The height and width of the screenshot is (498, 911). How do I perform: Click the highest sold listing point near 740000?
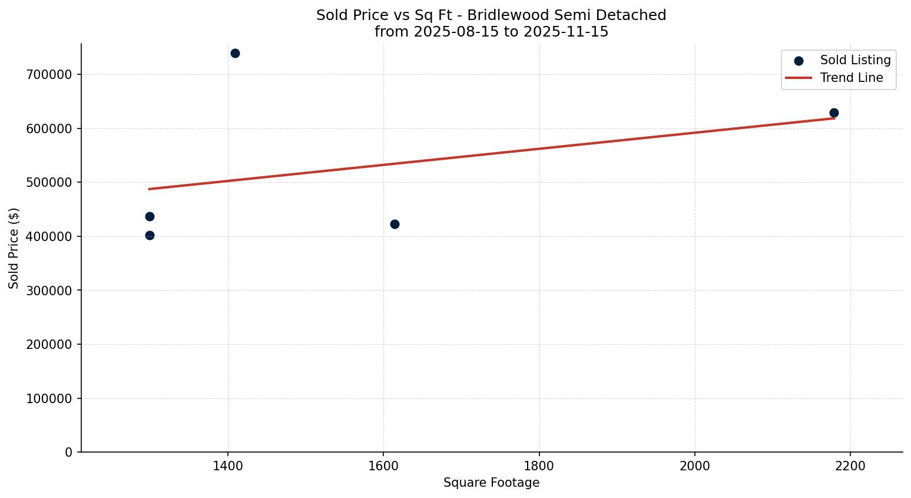[235, 53]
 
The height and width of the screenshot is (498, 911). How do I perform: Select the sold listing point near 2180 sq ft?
[834, 113]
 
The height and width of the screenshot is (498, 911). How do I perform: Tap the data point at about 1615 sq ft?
[395, 224]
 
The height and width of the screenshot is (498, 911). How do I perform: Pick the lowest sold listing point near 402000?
[150, 235]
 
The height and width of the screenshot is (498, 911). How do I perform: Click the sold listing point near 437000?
[150, 216]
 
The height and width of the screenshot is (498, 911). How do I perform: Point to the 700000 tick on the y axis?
[49, 75]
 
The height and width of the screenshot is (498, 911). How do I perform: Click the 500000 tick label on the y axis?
[49, 183]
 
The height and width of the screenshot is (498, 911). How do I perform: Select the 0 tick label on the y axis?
[69, 453]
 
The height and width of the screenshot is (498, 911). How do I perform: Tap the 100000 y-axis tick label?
[49, 399]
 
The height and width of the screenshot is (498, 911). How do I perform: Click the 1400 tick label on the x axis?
[228, 466]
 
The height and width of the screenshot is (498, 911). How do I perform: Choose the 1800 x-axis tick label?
[539, 466]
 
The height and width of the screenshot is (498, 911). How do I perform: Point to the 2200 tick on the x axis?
[850, 466]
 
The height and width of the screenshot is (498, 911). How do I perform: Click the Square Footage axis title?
[491, 483]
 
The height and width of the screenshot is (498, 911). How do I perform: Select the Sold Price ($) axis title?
[14, 248]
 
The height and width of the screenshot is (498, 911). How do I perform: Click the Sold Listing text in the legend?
[855, 60]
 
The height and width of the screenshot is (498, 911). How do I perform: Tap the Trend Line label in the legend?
[852, 78]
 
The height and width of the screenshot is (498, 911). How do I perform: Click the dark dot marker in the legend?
[799, 61]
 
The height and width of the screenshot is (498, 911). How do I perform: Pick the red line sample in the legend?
[799, 78]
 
